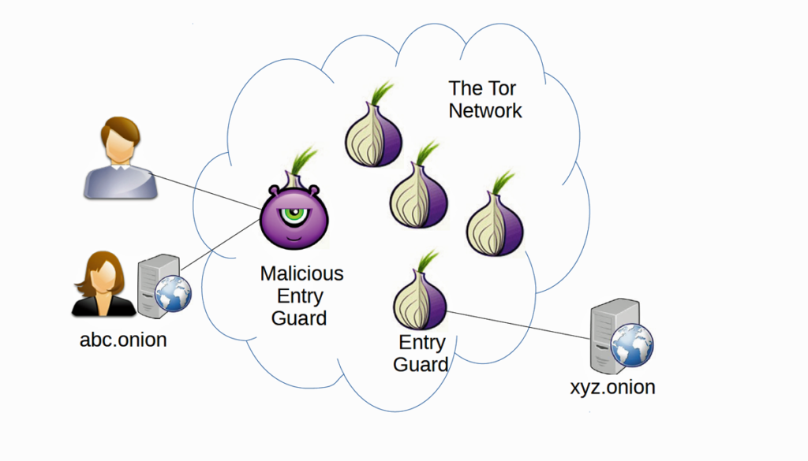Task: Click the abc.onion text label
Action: pyautogui.click(x=123, y=340)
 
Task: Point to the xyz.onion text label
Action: pyautogui.click(x=612, y=387)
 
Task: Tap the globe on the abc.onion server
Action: pyautogui.click(x=172, y=296)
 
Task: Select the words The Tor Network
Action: pyautogui.click(x=484, y=99)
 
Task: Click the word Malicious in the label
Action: pyautogui.click(x=301, y=273)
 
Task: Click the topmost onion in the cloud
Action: pyautogui.click(x=373, y=134)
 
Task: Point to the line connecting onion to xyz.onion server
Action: pyautogui.click(x=521, y=325)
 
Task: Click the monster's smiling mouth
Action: pyautogui.click(x=294, y=234)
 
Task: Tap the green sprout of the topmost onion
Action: pyautogui.click(x=384, y=92)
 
